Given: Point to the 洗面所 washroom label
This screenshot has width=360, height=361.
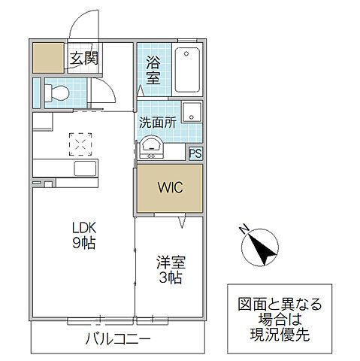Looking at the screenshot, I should [x=157, y=121].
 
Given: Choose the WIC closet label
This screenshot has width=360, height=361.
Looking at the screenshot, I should [x=168, y=187].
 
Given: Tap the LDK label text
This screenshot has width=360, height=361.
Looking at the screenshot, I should [x=85, y=228].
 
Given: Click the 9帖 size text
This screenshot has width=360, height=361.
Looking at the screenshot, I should [x=85, y=244].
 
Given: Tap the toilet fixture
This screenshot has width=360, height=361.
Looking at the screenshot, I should [x=56, y=93].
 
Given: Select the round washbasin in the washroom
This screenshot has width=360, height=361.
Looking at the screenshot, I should [x=153, y=146].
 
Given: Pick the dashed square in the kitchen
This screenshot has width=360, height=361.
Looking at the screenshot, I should [x=79, y=142].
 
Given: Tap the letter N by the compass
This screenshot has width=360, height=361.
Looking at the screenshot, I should [x=242, y=229].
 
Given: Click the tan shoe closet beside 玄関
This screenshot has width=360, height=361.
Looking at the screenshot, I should [x=49, y=58].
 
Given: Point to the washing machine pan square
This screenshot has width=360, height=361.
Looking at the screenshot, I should [x=192, y=111].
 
